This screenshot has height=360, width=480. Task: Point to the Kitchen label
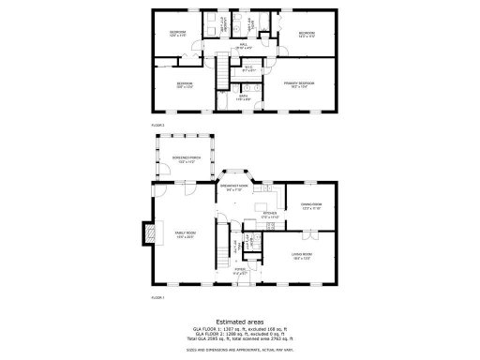[x=270, y=214]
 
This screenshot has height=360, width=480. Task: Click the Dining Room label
[x=310, y=204]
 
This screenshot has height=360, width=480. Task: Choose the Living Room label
[x=301, y=254]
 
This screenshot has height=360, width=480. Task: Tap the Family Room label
[x=185, y=233]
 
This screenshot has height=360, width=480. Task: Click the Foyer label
[x=240, y=273]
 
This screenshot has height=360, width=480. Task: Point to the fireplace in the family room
[x=145, y=232]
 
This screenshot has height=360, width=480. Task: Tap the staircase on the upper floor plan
[x=223, y=68]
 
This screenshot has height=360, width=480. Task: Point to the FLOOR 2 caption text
[x=157, y=124]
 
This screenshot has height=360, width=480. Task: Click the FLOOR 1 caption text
[x=157, y=297]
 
